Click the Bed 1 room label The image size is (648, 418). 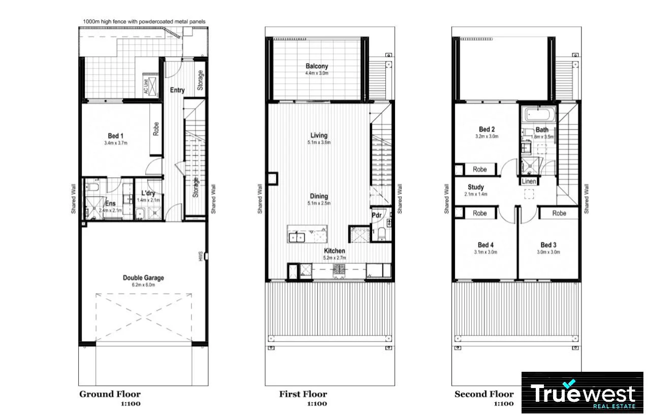click(115, 136)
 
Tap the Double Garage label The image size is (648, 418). click(143, 278)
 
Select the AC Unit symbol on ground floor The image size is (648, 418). click(145, 87)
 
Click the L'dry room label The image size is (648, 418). click(148, 194)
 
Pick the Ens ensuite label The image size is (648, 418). click(110, 204)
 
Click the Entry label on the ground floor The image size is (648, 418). click(177, 90)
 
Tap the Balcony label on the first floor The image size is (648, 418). click(316, 66)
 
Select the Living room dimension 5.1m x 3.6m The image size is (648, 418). click(319, 143)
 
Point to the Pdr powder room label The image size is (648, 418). click(376, 214)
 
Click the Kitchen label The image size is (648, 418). click(335, 251)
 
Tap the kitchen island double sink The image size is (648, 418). click(297, 236)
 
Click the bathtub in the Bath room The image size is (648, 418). click(538, 114)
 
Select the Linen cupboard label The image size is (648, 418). click(528, 181)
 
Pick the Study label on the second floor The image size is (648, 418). click(475, 187)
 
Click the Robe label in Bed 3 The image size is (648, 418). click(559, 213)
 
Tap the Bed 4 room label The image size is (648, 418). click(485, 245)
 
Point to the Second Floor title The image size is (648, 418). click(483, 394)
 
